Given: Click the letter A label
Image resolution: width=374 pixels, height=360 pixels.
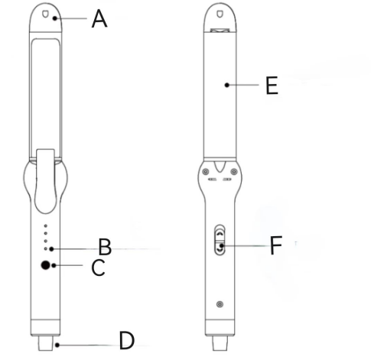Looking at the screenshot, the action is (99, 18).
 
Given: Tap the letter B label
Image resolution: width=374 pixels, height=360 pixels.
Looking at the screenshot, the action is (105, 247).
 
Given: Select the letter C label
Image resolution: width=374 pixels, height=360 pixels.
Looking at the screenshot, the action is (98, 268).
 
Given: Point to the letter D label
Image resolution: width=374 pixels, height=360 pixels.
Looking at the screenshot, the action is (126, 340).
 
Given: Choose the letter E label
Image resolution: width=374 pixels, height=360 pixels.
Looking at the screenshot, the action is (272, 86).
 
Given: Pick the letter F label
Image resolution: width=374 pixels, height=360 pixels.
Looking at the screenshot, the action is (276, 245).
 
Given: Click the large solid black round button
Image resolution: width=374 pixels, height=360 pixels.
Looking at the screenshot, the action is (46, 265).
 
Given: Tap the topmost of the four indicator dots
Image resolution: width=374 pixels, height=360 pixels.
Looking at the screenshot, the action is (46, 225).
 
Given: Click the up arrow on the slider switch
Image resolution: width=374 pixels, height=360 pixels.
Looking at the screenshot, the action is (220, 232).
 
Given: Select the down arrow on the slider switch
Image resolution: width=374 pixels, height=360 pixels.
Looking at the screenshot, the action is (220, 250).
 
